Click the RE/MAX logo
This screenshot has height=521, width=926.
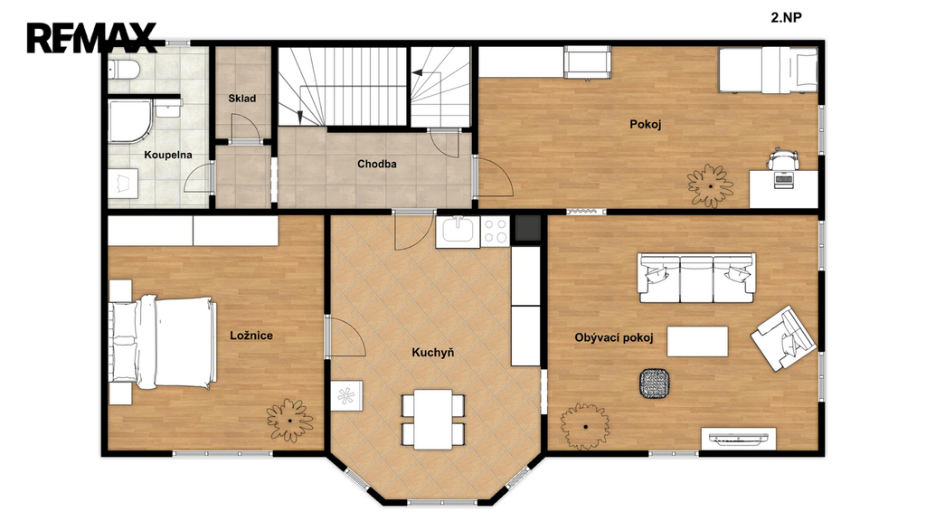91,37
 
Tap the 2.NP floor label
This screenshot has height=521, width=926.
786,17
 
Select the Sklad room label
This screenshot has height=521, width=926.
242,98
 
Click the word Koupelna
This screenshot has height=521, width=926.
168,155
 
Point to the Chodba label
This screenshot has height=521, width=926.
377,164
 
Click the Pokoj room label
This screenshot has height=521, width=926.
646,124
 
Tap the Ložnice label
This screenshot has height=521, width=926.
251,336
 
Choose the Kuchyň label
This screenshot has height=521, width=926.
433,353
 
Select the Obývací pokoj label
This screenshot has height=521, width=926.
614,338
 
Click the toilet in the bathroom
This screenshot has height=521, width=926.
123,69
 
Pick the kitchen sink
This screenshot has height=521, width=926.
458,232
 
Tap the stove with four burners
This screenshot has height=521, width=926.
495,231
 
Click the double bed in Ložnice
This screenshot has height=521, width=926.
163,343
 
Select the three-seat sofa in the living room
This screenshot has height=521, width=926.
697,278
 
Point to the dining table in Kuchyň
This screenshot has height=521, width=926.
433,420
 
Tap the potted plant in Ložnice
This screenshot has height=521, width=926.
289,420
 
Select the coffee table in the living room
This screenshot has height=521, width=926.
697,341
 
